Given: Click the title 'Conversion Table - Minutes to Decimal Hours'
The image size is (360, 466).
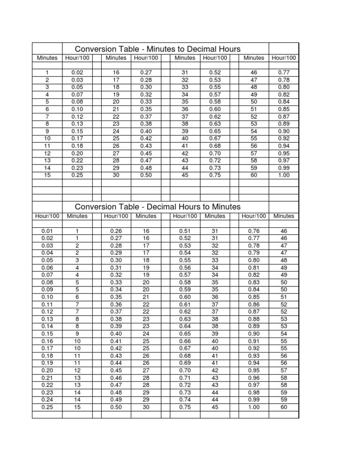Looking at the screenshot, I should click(158, 49).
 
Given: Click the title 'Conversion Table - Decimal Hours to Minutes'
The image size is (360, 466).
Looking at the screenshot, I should click(158, 207).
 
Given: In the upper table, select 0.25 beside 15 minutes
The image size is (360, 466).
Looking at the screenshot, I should click(77, 175).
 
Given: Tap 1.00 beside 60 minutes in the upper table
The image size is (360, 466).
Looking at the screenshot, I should click(284, 175).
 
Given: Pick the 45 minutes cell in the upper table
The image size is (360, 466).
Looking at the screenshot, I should click(184, 175).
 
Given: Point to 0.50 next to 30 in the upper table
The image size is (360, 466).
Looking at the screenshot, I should click(145, 175).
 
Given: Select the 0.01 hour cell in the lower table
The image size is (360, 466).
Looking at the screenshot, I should click(47, 231).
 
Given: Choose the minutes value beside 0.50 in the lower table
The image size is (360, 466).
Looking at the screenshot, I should click(145, 407).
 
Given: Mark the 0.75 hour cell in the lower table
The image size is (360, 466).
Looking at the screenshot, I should click(184, 407).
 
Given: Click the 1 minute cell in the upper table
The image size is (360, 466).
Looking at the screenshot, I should click(47, 73).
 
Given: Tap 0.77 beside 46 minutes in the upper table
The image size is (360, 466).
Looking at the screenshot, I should click(284, 73).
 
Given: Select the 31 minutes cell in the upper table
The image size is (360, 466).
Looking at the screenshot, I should click(184, 73).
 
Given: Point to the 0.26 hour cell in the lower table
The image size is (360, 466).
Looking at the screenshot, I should click(116, 231).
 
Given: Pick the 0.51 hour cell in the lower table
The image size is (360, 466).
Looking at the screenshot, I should click(184, 231).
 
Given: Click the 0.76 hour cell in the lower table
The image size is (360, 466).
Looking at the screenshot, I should click(254, 231).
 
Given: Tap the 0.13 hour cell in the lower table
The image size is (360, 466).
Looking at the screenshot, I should click(47, 319).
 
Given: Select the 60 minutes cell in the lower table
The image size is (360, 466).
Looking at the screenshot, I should click(284, 407).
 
